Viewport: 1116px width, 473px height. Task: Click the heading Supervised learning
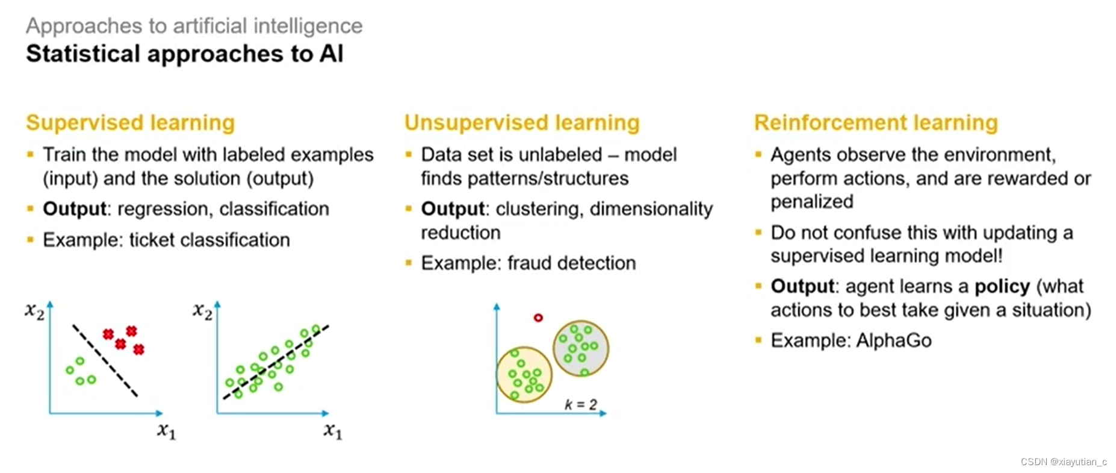tap(130, 122)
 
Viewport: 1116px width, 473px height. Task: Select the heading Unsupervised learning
tap(521, 122)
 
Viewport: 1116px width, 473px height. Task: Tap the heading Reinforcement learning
tap(876, 122)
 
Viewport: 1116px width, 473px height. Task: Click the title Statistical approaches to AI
tap(184, 54)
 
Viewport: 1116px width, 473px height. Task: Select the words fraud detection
tap(571, 263)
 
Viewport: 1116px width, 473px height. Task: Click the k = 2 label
tap(580, 404)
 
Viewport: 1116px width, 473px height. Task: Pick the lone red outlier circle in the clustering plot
tap(538, 318)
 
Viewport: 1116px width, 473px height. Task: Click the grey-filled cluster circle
tap(581, 348)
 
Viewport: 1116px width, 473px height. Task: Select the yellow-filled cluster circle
tap(524, 375)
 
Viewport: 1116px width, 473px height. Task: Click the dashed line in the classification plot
tap(105, 361)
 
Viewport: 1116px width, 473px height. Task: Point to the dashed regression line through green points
tap(276, 362)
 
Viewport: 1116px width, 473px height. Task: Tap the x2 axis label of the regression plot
tap(202, 311)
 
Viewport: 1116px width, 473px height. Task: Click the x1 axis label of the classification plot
tap(166, 431)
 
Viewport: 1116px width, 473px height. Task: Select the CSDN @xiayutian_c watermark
tap(1063, 462)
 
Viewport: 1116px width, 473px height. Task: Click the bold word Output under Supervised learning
tap(74, 209)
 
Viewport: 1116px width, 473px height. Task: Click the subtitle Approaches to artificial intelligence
tap(194, 26)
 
